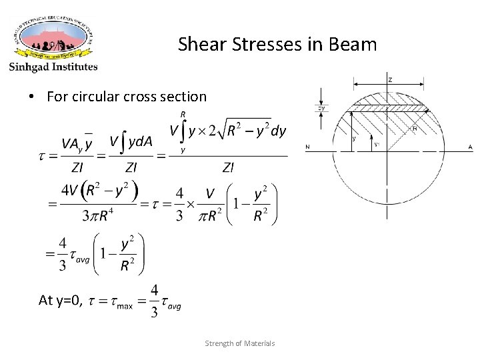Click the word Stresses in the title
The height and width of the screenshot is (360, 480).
(x=257, y=45)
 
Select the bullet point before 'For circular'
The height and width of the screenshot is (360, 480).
(x=32, y=97)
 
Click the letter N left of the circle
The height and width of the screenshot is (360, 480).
(x=307, y=147)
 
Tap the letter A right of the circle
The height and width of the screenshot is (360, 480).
(x=470, y=147)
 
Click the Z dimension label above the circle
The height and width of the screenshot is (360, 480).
(x=389, y=79)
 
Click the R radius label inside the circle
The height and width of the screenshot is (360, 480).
(x=415, y=128)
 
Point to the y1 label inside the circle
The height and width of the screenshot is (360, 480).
(x=377, y=143)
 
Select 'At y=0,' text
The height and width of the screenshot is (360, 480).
(x=61, y=301)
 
